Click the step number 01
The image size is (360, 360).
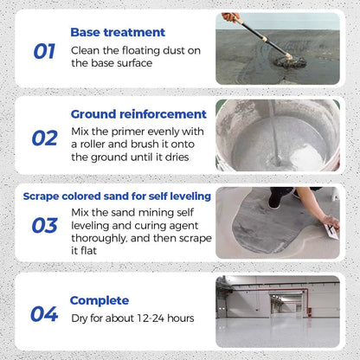tap(44, 51)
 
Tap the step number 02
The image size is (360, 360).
tap(44, 138)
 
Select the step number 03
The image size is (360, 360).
tap(44, 225)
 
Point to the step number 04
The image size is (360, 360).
tap(44, 313)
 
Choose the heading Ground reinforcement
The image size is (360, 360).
tap(138, 113)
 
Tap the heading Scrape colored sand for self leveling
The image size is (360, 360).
tap(117, 196)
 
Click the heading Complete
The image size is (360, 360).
tap(100, 300)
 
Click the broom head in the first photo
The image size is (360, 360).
tap(283, 59)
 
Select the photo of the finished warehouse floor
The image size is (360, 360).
tap(277, 312)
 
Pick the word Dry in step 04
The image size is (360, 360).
tap(82, 318)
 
